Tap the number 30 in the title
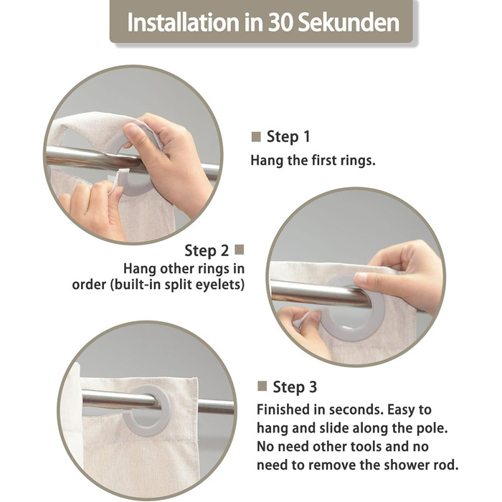pyautogui.click(x=280, y=23)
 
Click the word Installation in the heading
pyautogui.click(x=183, y=22)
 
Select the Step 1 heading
pyautogui.click(x=288, y=137)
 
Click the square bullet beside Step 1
pyautogui.click(x=256, y=137)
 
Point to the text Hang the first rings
pyautogui.click(x=313, y=160)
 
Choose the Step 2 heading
pyautogui.click(x=207, y=250)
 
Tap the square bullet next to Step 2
pyautogui.click(x=239, y=250)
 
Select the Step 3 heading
pyautogui.click(x=295, y=387)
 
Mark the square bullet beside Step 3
pyautogui.click(x=262, y=386)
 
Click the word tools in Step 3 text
pyautogui.click(x=366, y=447)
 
